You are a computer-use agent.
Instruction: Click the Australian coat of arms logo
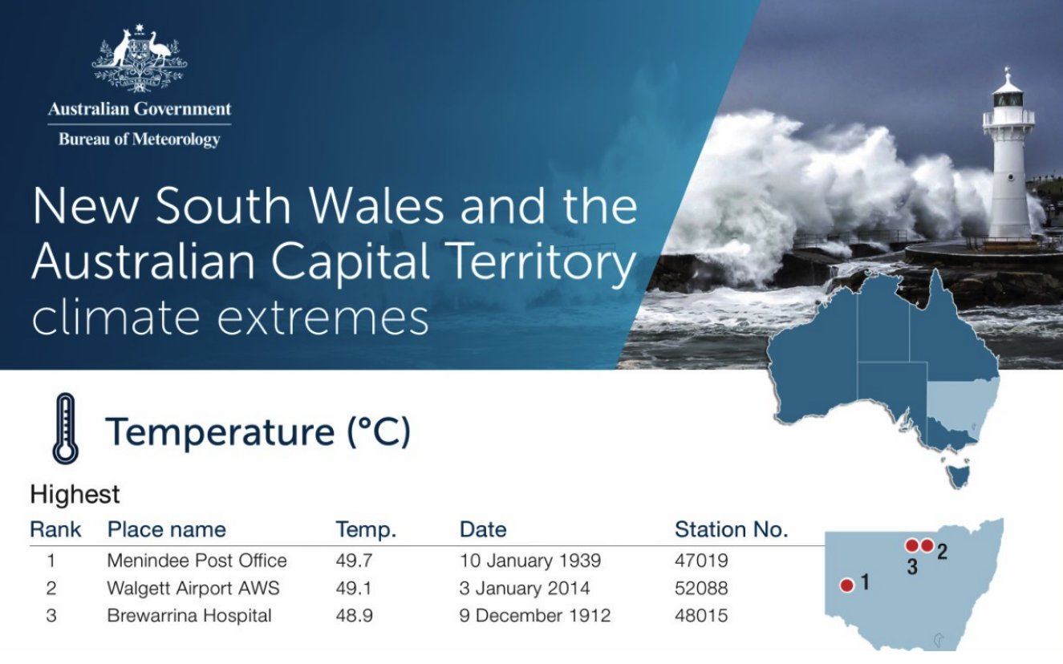point(139,59)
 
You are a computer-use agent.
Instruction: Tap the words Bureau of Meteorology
point(140,140)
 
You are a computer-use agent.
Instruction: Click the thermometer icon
point(66,429)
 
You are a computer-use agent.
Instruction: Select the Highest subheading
point(75,494)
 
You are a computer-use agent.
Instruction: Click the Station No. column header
point(732,529)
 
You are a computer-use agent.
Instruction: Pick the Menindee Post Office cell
point(197,561)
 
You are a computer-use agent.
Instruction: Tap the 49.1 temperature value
point(354,588)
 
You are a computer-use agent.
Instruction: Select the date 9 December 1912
point(535,616)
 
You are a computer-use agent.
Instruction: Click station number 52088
point(701,588)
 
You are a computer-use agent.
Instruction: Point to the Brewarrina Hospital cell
point(189,616)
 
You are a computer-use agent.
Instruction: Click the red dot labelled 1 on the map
point(847,585)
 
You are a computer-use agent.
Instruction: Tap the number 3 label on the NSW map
point(912,567)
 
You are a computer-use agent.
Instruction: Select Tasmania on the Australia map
point(958,476)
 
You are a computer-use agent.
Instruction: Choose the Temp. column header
point(366,529)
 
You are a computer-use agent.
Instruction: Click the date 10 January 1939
point(530,561)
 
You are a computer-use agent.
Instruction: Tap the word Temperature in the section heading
point(220,431)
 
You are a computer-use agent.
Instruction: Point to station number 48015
point(701,616)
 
